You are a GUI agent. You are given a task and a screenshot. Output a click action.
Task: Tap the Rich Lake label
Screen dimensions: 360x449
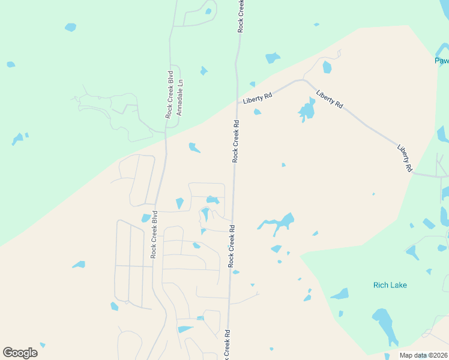(390, 285)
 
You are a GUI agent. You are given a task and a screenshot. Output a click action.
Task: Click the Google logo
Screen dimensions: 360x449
(20, 353)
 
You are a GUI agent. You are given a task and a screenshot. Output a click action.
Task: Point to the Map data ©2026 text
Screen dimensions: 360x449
(423, 355)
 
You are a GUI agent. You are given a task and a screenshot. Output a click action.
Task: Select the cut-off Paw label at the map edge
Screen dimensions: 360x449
(442, 61)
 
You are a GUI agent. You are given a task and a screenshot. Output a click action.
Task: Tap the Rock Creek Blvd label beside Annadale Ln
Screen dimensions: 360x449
(170, 95)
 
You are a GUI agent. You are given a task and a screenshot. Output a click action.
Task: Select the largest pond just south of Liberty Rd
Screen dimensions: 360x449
(307, 110)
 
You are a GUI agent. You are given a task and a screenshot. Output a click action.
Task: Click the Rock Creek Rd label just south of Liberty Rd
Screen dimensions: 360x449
(236, 141)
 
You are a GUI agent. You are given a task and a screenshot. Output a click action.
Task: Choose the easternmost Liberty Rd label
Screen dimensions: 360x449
(405, 158)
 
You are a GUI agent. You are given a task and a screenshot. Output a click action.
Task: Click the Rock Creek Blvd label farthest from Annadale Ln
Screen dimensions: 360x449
(154, 235)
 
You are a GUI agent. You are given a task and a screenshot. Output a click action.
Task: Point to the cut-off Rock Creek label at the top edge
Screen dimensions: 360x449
(241, 16)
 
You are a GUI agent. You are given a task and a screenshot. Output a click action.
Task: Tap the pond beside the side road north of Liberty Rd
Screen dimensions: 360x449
(327, 67)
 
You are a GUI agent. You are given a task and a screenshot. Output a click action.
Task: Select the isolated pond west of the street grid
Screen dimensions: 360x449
(79, 265)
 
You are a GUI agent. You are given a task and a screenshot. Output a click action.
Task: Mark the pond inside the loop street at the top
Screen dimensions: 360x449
(208, 11)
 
